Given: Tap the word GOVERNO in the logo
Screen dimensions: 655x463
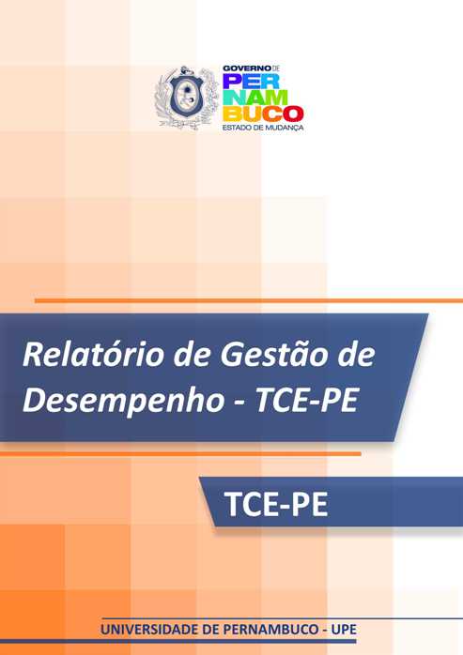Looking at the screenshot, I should coord(243,68).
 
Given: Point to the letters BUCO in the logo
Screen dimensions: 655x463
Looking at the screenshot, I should coord(261,112).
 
